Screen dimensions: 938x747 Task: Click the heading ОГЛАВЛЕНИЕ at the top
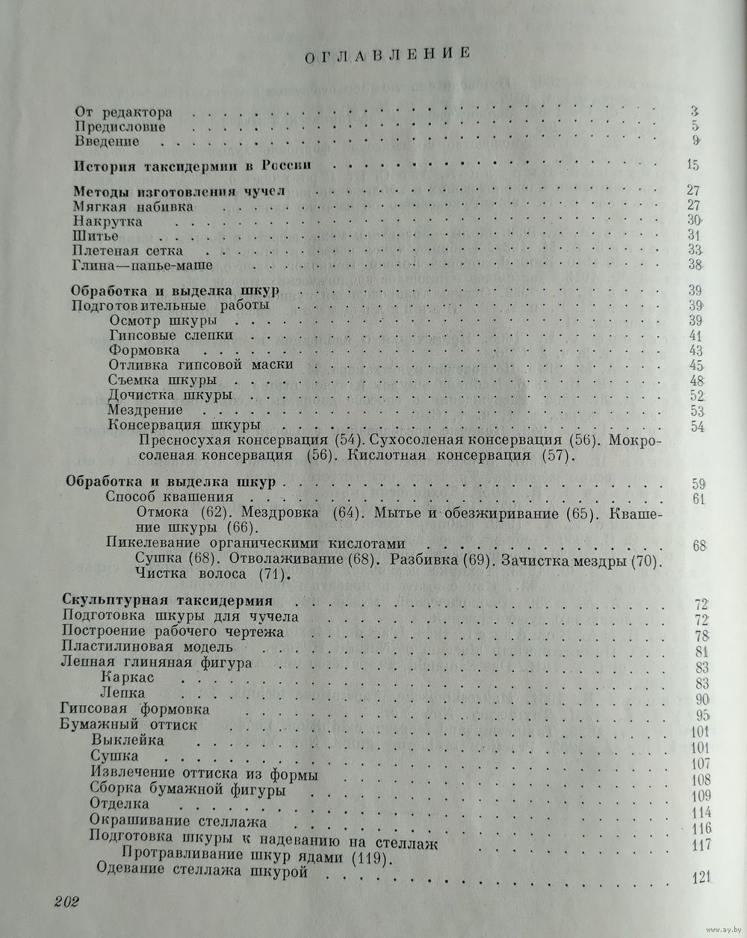[x=386, y=53]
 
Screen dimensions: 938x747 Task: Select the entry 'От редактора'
[x=124, y=112]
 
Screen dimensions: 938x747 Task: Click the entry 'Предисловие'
[x=120, y=126]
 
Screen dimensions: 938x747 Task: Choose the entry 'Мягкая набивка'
[x=134, y=206]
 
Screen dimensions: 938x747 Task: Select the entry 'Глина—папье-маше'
[x=143, y=265]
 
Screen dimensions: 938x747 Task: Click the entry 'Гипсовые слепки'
[x=171, y=335]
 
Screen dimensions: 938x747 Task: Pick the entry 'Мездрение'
[x=145, y=409]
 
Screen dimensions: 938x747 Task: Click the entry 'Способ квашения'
[x=170, y=497]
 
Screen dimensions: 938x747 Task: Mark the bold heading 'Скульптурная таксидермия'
[x=168, y=600]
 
